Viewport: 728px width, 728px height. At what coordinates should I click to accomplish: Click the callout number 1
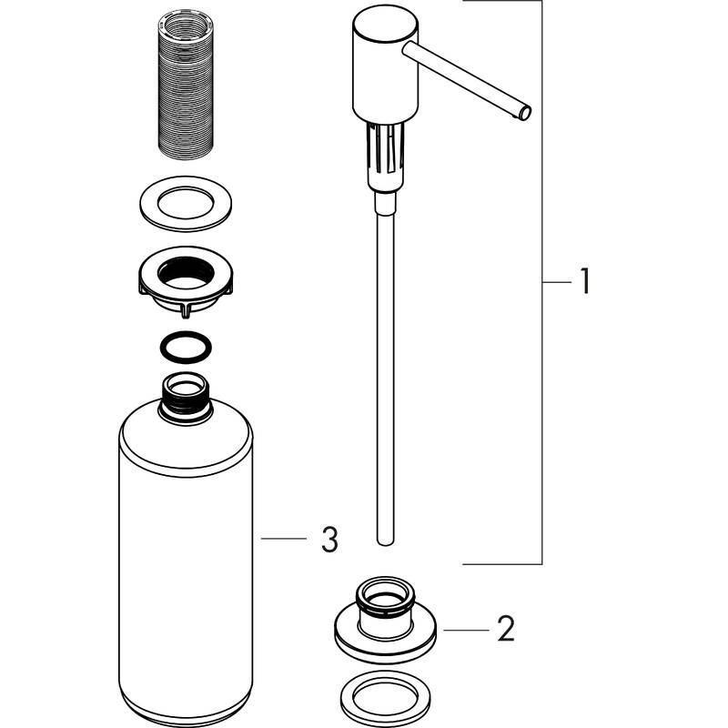point(582,282)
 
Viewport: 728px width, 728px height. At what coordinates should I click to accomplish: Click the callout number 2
point(507,627)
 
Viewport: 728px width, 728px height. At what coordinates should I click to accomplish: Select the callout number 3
point(329,541)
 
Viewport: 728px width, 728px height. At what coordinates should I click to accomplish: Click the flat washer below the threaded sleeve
point(186,205)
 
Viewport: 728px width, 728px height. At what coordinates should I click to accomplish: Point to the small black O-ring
point(186,348)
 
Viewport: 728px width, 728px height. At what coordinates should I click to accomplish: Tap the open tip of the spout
point(524,114)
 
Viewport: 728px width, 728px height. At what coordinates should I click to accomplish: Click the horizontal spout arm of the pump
point(464,76)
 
